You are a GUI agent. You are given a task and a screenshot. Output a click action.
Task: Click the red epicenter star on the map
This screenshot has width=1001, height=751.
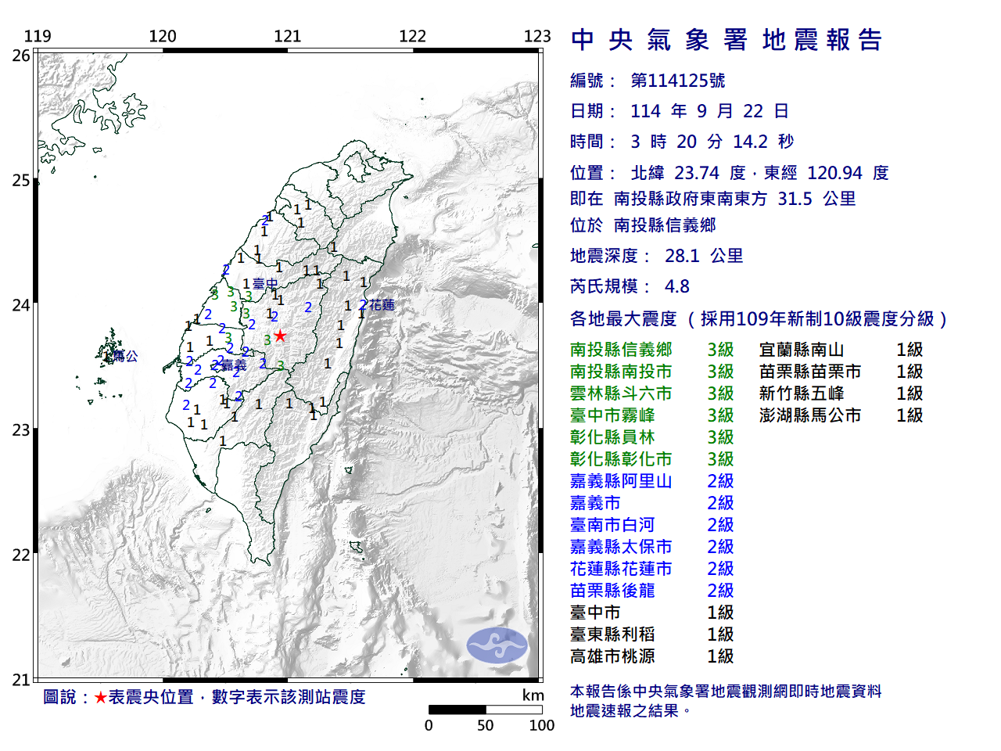pos(280,336)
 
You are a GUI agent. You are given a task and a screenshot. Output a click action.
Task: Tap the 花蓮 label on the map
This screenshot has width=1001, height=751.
pos(382,305)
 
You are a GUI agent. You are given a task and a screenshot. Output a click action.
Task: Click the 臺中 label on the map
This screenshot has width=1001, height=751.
pos(265,284)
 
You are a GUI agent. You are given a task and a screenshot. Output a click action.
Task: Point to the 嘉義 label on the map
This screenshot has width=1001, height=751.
pos(234,365)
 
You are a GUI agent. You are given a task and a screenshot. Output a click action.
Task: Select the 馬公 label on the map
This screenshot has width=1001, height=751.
pos(125,356)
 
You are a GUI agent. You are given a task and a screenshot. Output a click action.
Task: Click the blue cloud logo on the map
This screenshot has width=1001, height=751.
pos(497,645)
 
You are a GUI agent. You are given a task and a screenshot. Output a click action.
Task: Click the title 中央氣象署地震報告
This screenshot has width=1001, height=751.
pos(727,40)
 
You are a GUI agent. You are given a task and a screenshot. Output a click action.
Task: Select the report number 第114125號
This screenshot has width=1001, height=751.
pos(678,81)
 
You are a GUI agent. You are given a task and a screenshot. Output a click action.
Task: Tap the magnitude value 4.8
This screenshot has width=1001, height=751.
pos(677,286)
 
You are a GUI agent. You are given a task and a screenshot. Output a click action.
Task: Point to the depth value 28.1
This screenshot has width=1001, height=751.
pos(682,256)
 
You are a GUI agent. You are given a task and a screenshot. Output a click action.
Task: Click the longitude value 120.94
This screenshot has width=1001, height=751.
pos(835,173)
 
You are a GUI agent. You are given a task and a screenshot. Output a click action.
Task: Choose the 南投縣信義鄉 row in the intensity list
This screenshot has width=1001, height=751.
pos(621,350)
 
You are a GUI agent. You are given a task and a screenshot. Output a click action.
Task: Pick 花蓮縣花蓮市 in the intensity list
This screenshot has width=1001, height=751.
pos(621,569)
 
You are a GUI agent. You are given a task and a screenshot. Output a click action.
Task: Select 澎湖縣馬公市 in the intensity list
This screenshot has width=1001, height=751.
pos(810,415)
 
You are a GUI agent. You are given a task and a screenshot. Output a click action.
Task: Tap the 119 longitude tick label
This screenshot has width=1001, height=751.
pos(38,36)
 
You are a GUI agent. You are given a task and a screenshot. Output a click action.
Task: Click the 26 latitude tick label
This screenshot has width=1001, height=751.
pos(21,56)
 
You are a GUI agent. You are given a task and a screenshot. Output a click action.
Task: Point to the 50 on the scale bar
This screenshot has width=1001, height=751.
pos(486,725)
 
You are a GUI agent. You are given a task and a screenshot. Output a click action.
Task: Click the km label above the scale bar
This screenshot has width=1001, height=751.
pos(533,695)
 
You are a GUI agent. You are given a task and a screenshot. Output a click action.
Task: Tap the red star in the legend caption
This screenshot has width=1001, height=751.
pos(101,697)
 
